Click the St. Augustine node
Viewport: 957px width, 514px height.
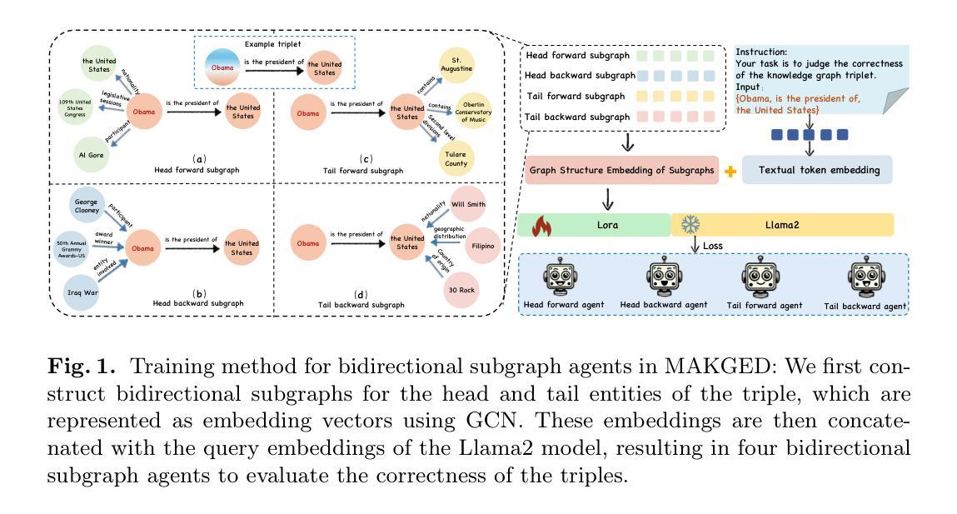click(456, 65)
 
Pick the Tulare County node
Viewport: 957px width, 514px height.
click(456, 157)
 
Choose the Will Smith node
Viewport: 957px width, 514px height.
click(469, 205)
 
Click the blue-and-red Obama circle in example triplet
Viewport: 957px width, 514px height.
click(222, 67)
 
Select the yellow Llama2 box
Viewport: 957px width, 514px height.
click(781, 225)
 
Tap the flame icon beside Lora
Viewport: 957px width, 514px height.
click(542, 225)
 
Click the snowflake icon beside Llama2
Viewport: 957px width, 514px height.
click(690, 225)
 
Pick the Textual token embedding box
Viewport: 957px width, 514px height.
click(817, 170)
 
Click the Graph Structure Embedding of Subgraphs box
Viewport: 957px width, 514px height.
click(621, 170)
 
